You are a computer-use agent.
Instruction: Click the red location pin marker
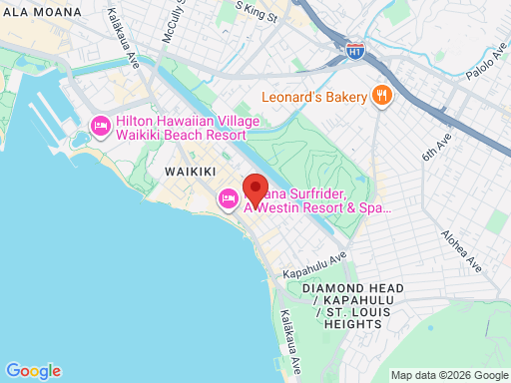[255, 189]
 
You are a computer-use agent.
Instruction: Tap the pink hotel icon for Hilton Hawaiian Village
[100, 127]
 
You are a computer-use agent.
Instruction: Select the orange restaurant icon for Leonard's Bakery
[381, 96]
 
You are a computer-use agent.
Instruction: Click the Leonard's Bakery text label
[314, 97]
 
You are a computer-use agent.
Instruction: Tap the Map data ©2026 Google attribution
[448, 375]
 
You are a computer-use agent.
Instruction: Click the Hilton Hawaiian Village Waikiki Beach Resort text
[187, 128]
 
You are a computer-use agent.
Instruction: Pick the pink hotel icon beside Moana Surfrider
[228, 199]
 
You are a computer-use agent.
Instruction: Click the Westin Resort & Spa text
[318, 207]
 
